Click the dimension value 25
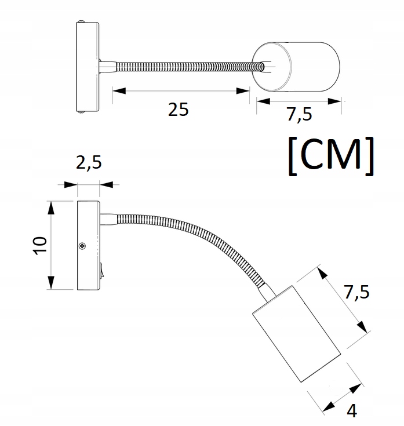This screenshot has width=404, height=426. [178, 110]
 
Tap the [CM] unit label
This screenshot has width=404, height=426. [330, 156]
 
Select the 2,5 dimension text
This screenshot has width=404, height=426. [89, 163]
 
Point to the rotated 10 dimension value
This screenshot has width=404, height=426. [40, 246]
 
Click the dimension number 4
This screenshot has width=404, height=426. [352, 410]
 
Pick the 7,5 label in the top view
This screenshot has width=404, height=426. [299, 114]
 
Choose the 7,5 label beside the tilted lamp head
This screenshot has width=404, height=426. [356, 292]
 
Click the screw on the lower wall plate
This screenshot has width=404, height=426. [82, 246]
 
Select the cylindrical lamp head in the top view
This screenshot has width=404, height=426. [296, 67]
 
